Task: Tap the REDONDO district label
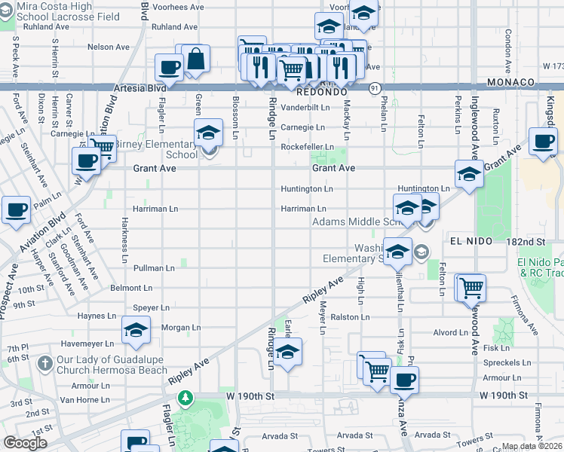[320, 91]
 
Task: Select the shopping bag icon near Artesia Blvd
[196, 60]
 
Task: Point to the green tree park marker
[183, 397]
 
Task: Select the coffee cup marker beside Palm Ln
[16, 210]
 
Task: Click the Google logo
[26, 442]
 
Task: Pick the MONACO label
[510, 81]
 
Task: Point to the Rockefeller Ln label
[307, 147]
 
